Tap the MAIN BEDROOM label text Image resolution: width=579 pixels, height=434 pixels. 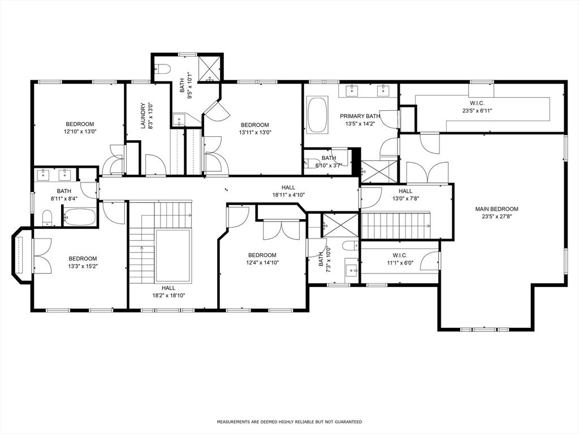click(496, 212)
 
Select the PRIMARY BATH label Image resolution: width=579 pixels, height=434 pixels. click(360, 119)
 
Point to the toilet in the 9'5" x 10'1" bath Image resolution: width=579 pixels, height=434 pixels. click(163, 70)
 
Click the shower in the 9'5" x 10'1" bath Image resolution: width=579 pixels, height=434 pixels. click(209, 68)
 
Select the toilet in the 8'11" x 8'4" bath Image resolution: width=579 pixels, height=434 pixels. click(47, 216)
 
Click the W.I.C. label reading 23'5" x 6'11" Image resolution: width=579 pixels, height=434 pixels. click(477, 107)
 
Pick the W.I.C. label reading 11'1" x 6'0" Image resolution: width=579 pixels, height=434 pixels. click(400, 259)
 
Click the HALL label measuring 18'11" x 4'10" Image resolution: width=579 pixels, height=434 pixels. click(288, 191)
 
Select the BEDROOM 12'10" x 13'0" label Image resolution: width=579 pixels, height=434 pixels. click(80, 128)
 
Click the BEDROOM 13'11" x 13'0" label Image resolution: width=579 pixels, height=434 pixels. click(255, 128)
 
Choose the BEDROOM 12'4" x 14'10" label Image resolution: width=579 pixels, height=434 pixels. click(262, 258)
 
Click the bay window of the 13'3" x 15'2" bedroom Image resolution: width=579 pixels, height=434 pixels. click(20, 255)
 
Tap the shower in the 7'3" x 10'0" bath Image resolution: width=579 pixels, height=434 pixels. click(340, 224)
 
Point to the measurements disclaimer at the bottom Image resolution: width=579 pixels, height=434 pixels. click(289, 422)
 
